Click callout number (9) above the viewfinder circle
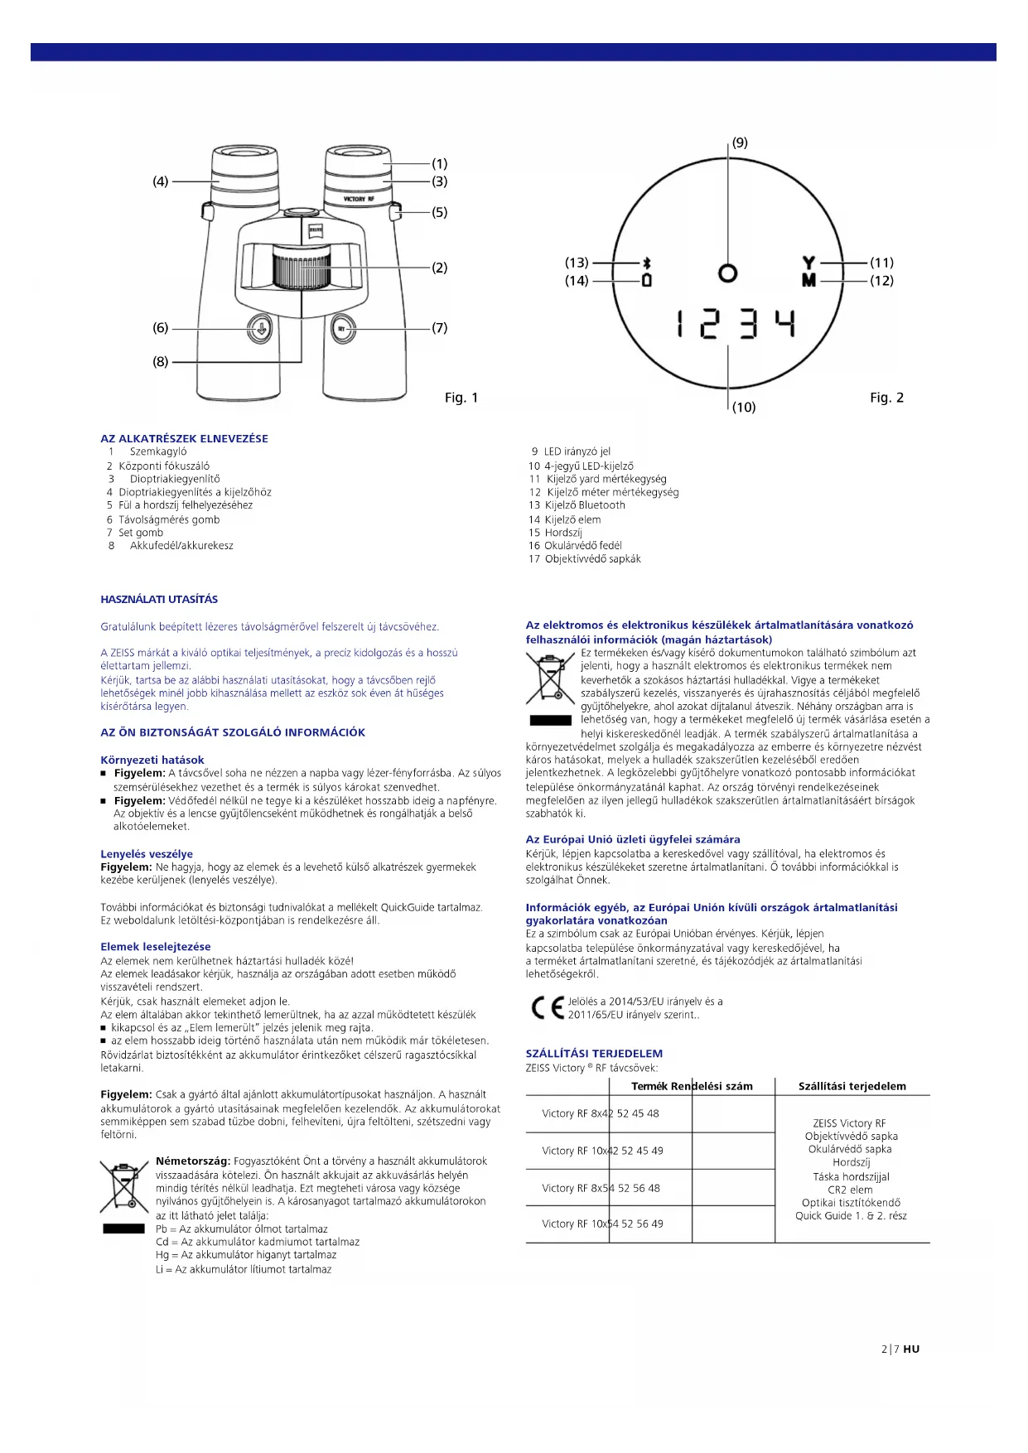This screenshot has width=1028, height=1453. coord(740,142)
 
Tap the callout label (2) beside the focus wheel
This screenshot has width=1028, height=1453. coord(439,268)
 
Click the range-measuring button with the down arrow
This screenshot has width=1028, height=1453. coord(260,329)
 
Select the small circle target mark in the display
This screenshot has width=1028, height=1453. coord(727,273)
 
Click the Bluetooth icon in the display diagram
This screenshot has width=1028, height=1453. coord(647,263)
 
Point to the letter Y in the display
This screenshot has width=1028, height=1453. coord(808,263)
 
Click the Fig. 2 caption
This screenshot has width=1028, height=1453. coord(886,398)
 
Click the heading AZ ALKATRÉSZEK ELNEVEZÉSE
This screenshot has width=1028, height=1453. coord(184,438)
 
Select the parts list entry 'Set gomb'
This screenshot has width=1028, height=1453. coord(140,533)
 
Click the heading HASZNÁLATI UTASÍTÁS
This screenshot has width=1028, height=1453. coord(159,599)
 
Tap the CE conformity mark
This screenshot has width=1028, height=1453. coord(547,1007)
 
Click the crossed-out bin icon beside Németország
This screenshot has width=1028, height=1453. coord(123,1188)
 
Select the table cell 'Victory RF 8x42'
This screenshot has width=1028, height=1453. coord(576,1113)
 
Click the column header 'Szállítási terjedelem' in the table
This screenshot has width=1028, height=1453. coord(852,1086)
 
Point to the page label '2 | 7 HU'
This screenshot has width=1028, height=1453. coord(900,1349)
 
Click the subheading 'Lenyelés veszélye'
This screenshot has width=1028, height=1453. coord(147,854)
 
